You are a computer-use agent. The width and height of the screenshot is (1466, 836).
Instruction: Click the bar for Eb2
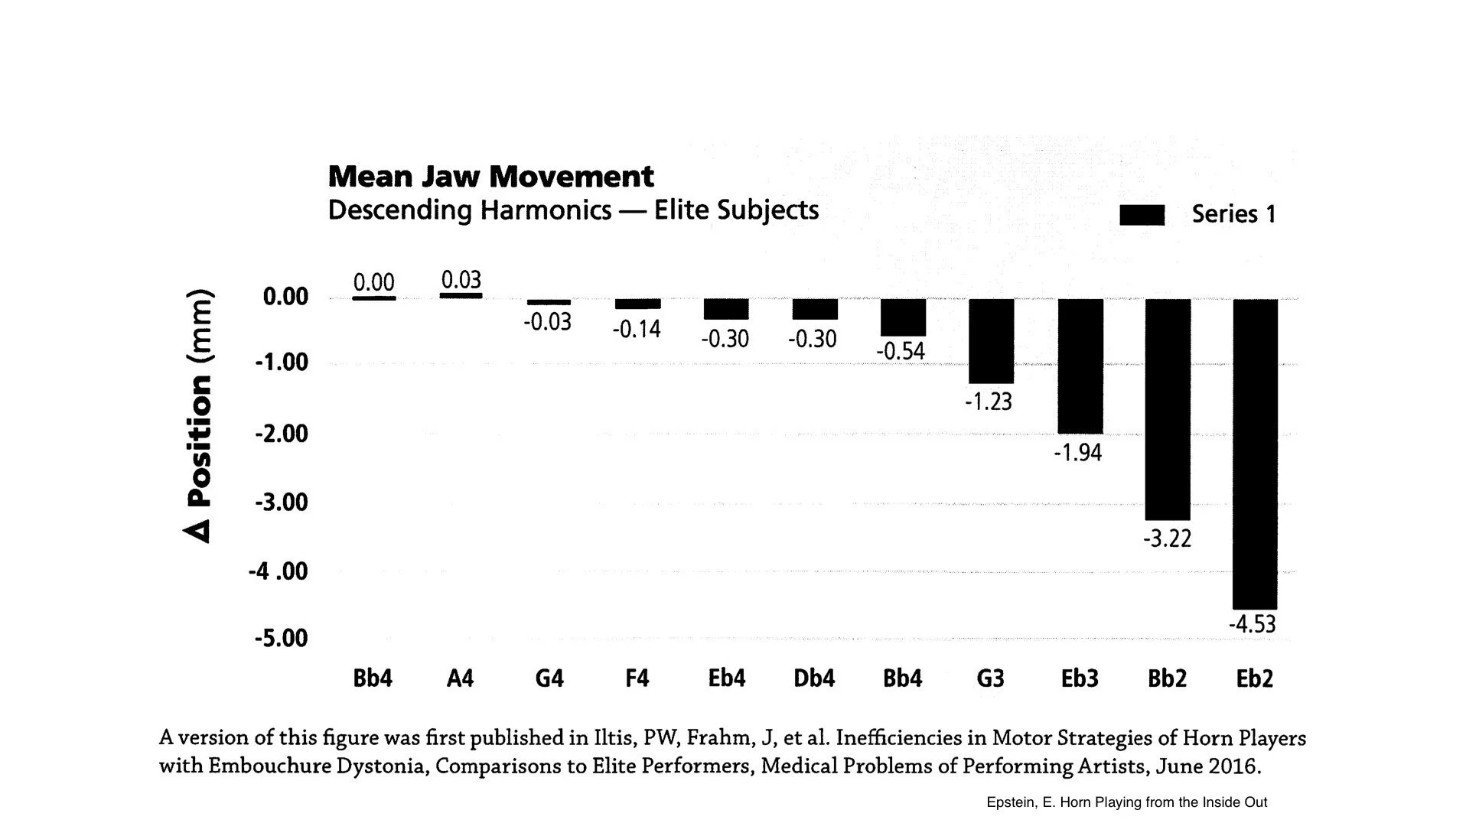pyautogui.click(x=1255, y=454)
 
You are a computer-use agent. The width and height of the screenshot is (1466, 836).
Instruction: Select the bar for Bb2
pyautogui.click(x=1168, y=409)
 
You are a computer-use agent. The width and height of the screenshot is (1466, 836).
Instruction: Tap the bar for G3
pyautogui.click(x=991, y=341)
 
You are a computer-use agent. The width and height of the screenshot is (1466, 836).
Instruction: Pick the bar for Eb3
pyautogui.click(x=1080, y=366)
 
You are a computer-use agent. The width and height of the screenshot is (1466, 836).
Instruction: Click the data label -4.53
pyautogui.click(x=1253, y=625)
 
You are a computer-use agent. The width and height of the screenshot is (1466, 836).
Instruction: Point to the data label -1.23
pyautogui.click(x=988, y=402)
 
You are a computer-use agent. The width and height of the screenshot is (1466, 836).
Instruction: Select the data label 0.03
pyautogui.click(x=461, y=279)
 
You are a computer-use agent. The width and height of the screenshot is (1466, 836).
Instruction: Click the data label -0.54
pyautogui.click(x=901, y=351)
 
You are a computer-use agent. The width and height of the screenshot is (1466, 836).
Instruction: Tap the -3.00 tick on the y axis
pyautogui.click(x=281, y=503)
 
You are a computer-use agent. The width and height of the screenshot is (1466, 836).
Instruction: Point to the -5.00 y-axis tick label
pyautogui.click(x=281, y=638)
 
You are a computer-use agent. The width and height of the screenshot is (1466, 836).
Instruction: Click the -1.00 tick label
pyautogui.click(x=281, y=362)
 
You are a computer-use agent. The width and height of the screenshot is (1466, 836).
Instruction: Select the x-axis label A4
pyautogui.click(x=460, y=678)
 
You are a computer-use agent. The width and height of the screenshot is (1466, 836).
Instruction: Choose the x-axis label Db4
pyautogui.click(x=813, y=678)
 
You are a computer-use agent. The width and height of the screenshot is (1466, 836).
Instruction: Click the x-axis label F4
pyautogui.click(x=637, y=678)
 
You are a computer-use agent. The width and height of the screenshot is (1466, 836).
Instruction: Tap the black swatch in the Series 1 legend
pyautogui.click(x=1142, y=215)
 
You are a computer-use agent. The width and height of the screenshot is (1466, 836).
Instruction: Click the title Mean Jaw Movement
pyautogui.click(x=490, y=177)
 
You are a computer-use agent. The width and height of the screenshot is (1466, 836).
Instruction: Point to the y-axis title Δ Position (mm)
pyautogui.click(x=198, y=417)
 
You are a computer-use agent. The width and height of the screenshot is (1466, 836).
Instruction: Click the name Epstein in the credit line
pyautogui.click(x=1010, y=802)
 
